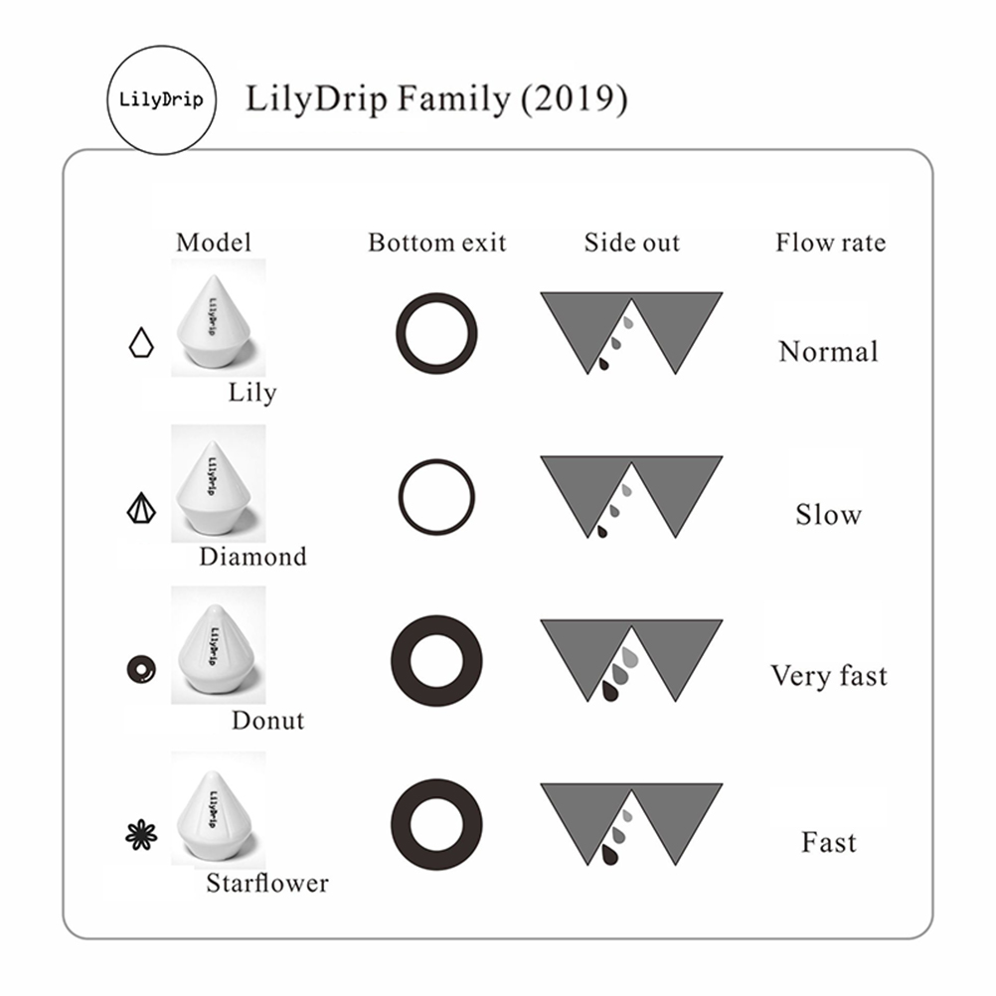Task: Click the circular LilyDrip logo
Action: (x=161, y=99)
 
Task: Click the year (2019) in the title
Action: (x=575, y=99)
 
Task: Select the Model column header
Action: (x=214, y=243)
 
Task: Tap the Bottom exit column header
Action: (x=437, y=243)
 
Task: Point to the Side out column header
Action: (x=632, y=243)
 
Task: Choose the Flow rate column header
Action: (x=830, y=243)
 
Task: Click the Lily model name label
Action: (x=252, y=394)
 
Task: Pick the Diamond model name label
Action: (x=252, y=557)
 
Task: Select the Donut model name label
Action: (x=268, y=721)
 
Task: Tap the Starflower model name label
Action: (x=267, y=883)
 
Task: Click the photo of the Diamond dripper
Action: (x=219, y=483)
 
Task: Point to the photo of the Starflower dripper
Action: (x=219, y=810)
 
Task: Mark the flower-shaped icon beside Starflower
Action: (x=141, y=835)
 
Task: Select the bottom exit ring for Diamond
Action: (x=401, y=497)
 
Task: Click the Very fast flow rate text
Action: (x=829, y=676)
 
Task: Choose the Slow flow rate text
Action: (x=829, y=515)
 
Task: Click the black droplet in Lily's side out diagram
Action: (x=603, y=364)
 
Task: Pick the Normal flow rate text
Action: (x=829, y=351)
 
